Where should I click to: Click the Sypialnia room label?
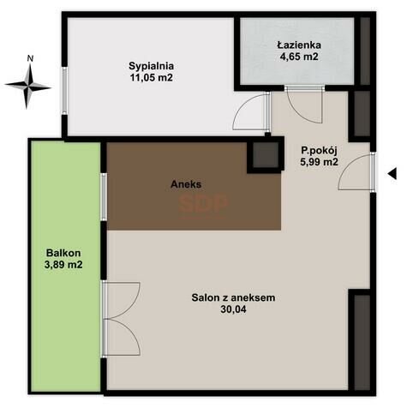coord(151,66)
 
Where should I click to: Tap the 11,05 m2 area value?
coord(152,78)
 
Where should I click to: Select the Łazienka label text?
coord(299,45)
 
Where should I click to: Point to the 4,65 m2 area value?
coord(299,57)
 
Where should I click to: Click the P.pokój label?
coord(319,151)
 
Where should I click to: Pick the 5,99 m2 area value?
coord(319,162)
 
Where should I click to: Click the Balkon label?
coord(63,253)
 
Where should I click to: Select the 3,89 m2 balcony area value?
coord(63,265)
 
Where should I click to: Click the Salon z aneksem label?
coord(233,297)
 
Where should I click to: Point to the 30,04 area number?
coord(233,309)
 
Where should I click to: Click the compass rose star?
coord(28,86)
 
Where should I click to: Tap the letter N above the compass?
coord(30,58)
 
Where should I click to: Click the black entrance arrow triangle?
coord(392,174)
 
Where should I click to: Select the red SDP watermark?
coord(203,204)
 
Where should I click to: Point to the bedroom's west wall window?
coord(65,91)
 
